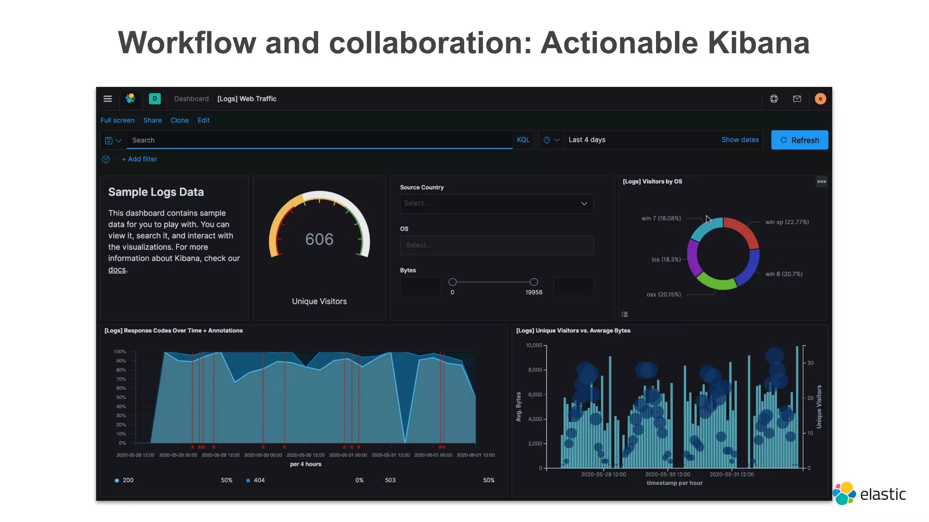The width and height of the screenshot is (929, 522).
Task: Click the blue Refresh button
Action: pyautogui.click(x=799, y=140)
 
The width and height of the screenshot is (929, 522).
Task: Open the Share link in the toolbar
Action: pyautogui.click(x=152, y=120)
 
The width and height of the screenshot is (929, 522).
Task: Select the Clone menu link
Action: pyautogui.click(x=179, y=120)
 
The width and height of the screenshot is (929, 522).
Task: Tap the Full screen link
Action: pyautogui.click(x=117, y=120)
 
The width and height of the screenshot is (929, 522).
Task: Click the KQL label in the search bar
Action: pyautogui.click(x=523, y=140)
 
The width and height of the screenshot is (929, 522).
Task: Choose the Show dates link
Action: pyautogui.click(x=740, y=140)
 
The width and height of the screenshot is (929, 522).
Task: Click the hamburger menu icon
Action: pyautogui.click(x=108, y=99)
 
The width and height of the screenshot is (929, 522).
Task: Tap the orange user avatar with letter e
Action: pyautogui.click(x=820, y=99)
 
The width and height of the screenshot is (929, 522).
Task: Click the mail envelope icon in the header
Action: pyautogui.click(x=797, y=99)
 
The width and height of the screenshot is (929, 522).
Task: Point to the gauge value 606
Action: pyautogui.click(x=319, y=239)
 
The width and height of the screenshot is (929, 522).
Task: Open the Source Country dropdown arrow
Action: pyautogui.click(x=584, y=203)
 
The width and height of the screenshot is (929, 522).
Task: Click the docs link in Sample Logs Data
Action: pyautogui.click(x=117, y=270)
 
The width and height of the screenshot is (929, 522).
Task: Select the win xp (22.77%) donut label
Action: pyautogui.click(x=787, y=222)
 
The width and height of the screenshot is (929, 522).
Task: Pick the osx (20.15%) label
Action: pyautogui.click(x=664, y=295)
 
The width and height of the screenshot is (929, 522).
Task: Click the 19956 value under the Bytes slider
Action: pyautogui.click(x=534, y=292)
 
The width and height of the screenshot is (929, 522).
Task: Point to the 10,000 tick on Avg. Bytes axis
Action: pyautogui.click(x=534, y=345)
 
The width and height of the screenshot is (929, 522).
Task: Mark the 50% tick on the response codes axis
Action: pyautogui.click(x=121, y=397)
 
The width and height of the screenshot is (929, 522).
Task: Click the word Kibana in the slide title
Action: pyautogui.click(x=758, y=43)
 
